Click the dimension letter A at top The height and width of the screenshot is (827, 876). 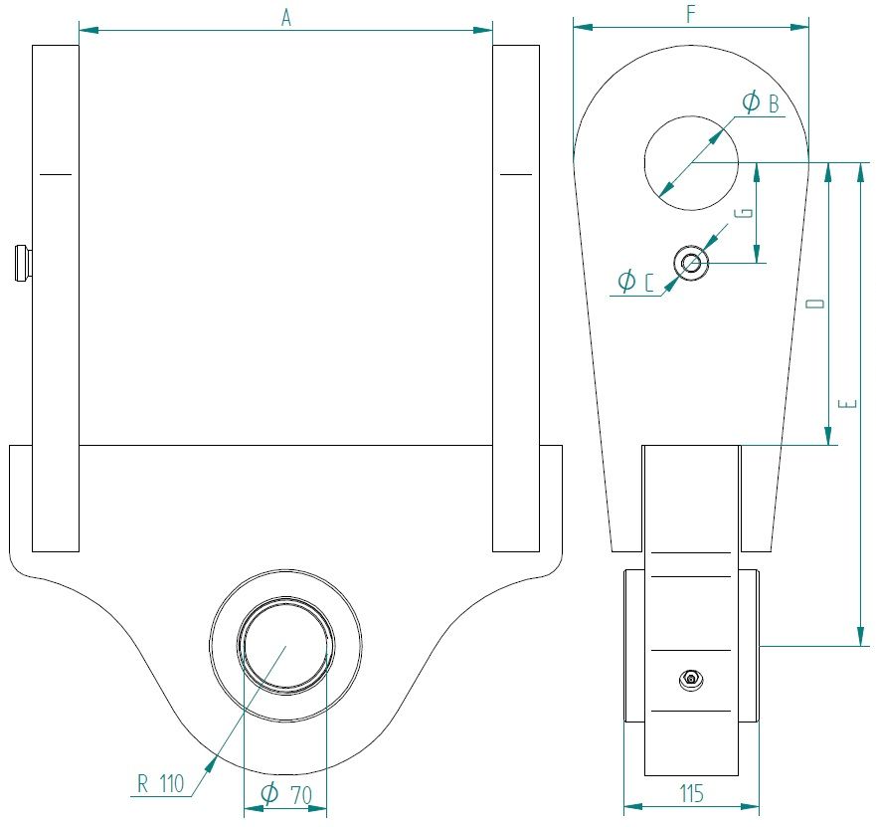click(x=286, y=19)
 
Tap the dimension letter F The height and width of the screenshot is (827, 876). click(x=691, y=15)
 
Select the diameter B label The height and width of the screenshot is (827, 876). click(x=761, y=103)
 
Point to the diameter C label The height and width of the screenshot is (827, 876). click(x=635, y=281)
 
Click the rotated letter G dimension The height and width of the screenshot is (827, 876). click(x=746, y=213)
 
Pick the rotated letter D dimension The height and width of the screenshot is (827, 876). click(x=816, y=304)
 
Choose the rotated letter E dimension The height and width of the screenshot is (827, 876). click(x=848, y=404)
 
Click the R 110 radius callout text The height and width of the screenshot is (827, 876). click(x=161, y=784)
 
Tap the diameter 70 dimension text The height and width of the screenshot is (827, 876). click(x=286, y=794)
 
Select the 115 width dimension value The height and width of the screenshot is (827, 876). click(x=691, y=794)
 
